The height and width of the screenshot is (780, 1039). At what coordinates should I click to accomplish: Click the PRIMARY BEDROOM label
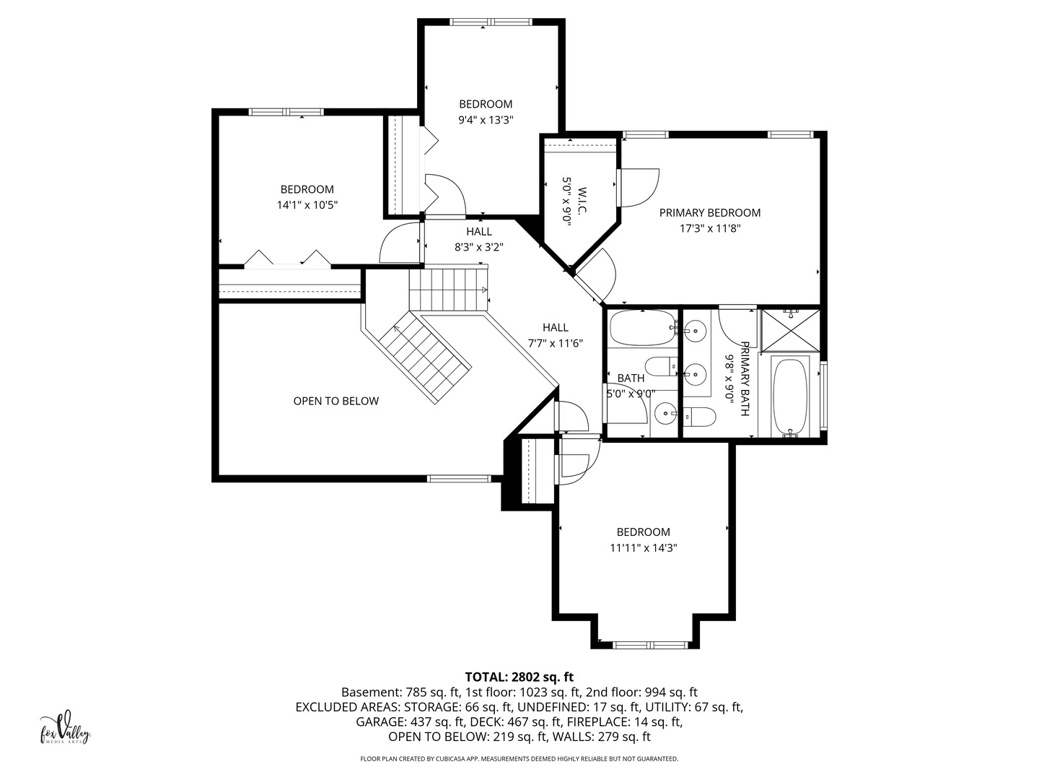(x=709, y=212)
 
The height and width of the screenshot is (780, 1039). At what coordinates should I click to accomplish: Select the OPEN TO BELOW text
(x=336, y=401)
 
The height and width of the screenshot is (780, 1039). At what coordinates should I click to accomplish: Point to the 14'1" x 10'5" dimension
(x=307, y=205)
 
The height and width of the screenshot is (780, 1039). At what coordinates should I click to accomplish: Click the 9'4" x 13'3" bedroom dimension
(x=486, y=120)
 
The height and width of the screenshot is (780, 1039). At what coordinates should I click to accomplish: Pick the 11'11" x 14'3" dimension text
(x=644, y=548)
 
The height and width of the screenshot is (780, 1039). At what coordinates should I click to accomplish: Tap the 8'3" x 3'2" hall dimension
(x=479, y=247)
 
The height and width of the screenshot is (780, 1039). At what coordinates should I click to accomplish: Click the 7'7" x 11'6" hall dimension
(x=556, y=343)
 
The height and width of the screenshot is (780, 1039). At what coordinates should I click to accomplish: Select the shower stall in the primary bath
(x=790, y=331)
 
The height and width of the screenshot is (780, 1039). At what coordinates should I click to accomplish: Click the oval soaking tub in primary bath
(x=790, y=397)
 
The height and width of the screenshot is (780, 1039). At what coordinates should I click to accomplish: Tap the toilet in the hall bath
(x=661, y=365)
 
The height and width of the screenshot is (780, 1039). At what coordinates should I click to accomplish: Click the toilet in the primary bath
(x=700, y=417)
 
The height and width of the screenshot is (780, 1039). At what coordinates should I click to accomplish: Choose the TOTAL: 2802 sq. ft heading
(x=519, y=677)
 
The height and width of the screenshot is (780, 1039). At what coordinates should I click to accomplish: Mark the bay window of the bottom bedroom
(x=650, y=644)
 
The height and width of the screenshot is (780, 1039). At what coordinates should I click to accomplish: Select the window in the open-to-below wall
(x=459, y=479)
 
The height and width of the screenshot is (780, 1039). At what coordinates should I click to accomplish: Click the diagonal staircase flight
(x=425, y=359)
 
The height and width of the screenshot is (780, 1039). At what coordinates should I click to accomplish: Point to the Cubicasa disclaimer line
(x=519, y=772)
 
